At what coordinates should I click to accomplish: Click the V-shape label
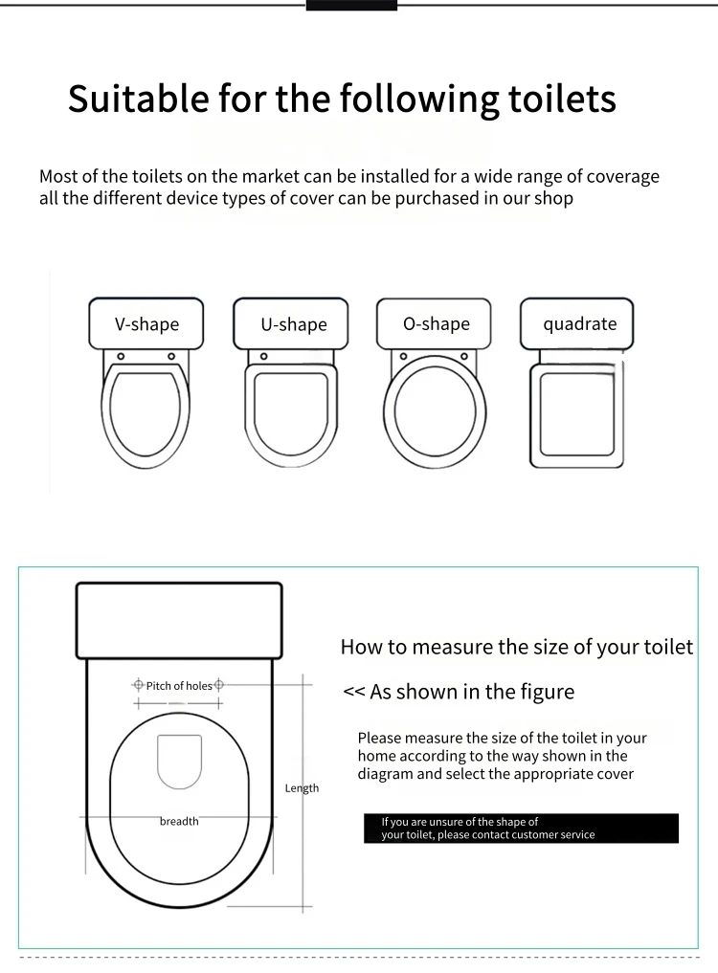click(x=146, y=324)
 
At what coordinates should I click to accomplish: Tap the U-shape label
click(x=293, y=325)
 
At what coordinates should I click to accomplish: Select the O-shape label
click(x=436, y=324)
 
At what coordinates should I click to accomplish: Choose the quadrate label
click(x=579, y=324)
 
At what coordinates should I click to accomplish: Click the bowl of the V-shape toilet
click(x=146, y=417)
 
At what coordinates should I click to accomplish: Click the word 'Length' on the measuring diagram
click(x=302, y=788)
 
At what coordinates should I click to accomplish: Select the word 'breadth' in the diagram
click(x=179, y=821)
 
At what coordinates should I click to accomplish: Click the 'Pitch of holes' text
click(x=179, y=686)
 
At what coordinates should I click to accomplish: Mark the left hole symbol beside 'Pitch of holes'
click(x=138, y=685)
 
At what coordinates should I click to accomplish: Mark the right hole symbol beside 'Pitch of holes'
click(x=219, y=685)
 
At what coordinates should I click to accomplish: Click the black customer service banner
click(x=522, y=829)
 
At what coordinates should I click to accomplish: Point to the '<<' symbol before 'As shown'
click(x=353, y=692)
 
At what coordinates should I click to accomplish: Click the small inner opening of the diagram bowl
click(x=179, y=762)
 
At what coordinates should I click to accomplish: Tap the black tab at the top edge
click(x=351, y=5)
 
